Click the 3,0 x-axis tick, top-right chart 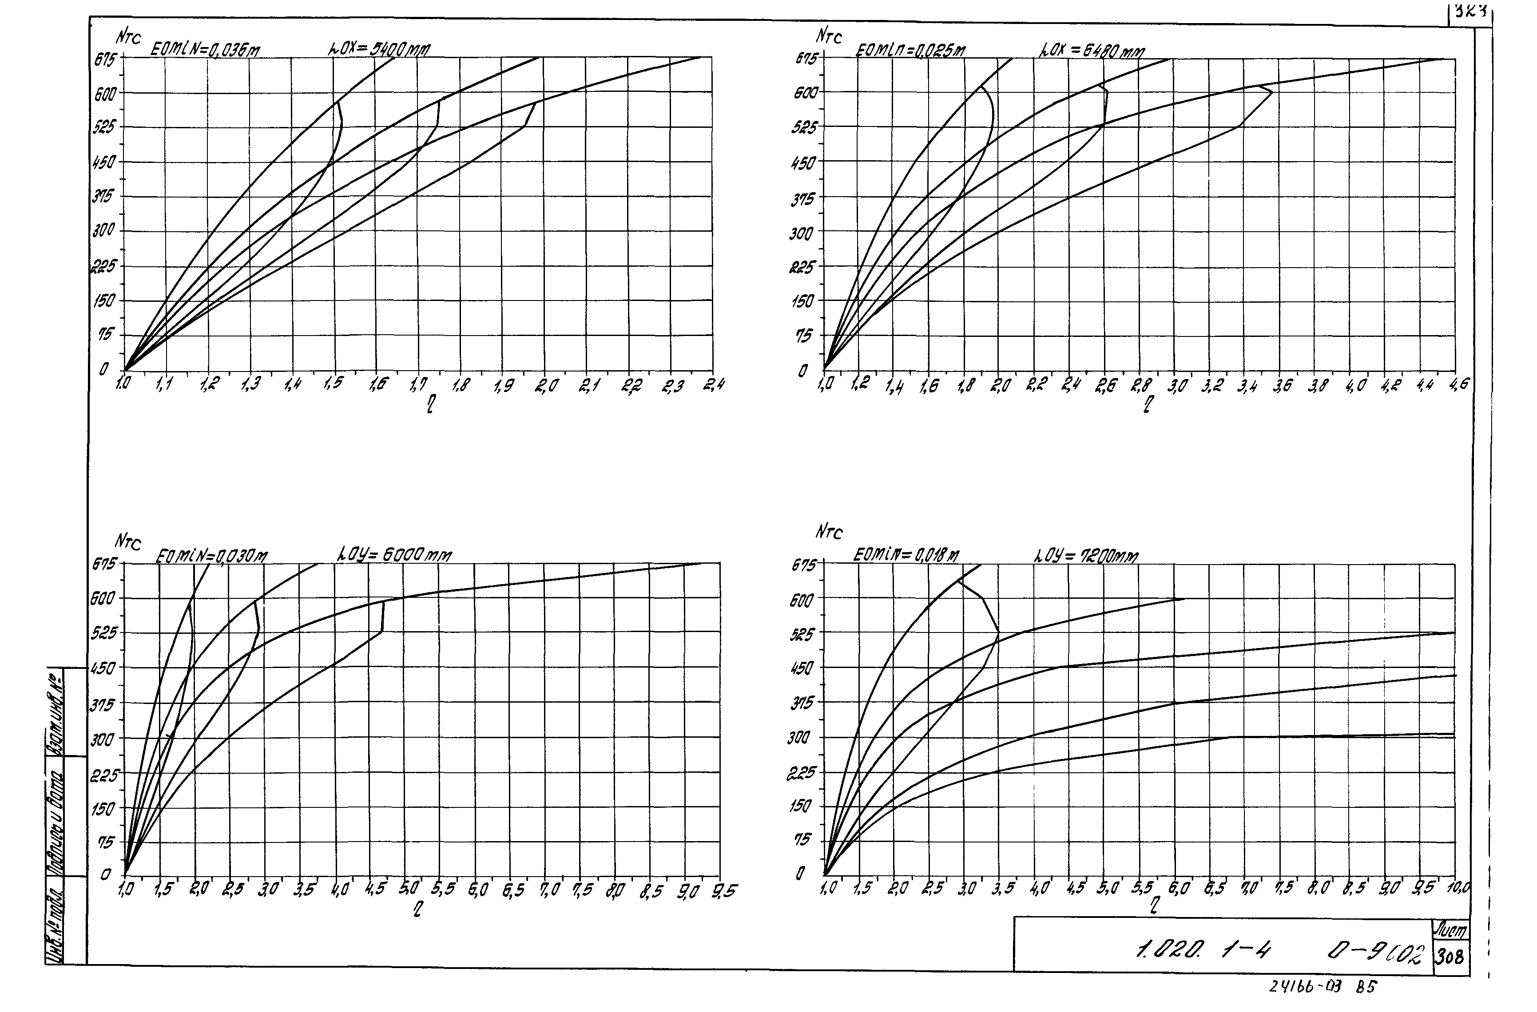coord(1177,386)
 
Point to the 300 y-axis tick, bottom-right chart coord(798,738)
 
